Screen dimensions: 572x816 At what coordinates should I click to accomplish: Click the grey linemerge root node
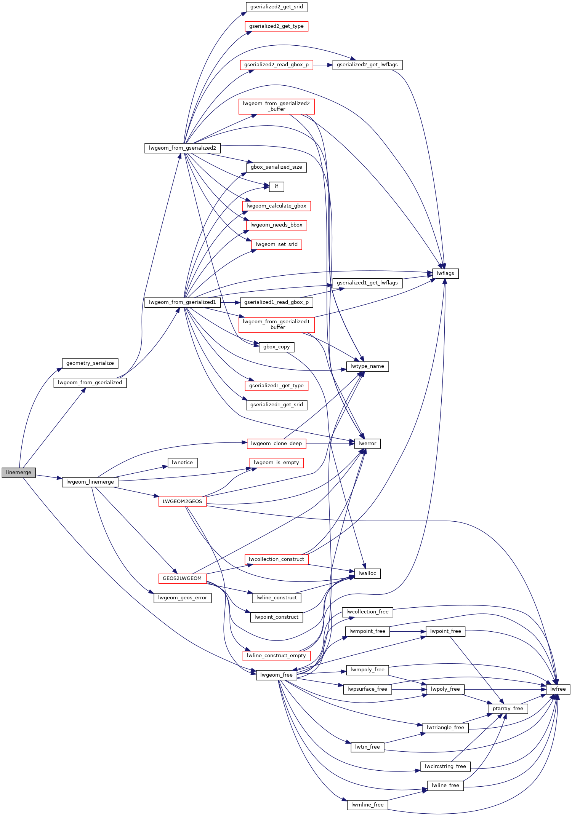tap(19, 473)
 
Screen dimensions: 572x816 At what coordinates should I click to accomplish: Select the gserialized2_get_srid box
tap(276, 7)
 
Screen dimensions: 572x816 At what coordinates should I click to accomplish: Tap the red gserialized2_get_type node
tap(276, 26)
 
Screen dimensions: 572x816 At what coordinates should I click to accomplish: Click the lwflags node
tap(445, 273)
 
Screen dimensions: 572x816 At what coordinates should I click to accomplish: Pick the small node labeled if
tap(276, 187)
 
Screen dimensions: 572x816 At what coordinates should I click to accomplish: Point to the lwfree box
tap(558, 689)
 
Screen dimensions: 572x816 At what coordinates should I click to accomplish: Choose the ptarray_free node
tap(508, 709)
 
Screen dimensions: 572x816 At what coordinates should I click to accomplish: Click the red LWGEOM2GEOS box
tap(182, 501)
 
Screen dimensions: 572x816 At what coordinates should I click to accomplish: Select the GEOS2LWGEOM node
tap(182, 578)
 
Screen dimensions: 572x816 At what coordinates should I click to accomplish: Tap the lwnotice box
tap(182, 463)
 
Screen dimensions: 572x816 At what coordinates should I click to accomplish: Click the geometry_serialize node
tap(90, 363)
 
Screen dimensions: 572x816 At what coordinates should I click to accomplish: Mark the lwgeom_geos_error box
tap(182, 598)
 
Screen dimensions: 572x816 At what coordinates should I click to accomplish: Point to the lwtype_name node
tap(367, 366)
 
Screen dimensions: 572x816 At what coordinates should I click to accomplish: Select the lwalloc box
tap(367, 573)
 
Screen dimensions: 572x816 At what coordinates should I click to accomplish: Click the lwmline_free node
tap(367, 805)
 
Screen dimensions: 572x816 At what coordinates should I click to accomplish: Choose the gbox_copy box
tap(276, 347)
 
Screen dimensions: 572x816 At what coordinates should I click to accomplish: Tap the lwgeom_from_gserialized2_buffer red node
tap(276, 106)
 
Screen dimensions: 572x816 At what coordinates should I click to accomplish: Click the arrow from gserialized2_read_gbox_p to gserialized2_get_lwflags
tap(323, 65)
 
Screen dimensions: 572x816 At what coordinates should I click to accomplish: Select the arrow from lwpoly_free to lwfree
tap(505, 689)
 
